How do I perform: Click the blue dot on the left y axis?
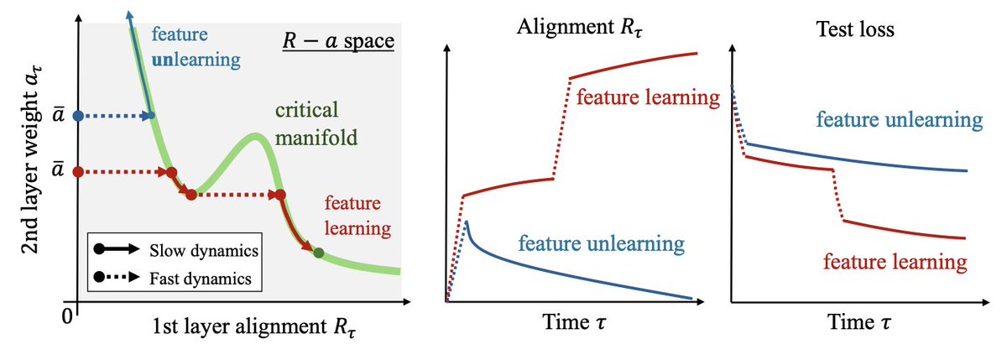click(x=78, y=116)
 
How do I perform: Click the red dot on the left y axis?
click(x=78, y=172)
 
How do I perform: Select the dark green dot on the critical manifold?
click(x=318, y=253)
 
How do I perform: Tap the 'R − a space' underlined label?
click(x=338, y=41)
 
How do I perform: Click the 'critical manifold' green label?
click(x=316, y=123)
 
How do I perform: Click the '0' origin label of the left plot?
click(x=67, y=317)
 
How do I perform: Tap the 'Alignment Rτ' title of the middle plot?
click(x=580, y=27)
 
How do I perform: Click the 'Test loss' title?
click(x=855, y=29)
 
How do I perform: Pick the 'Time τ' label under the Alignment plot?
click(x=575, y=322)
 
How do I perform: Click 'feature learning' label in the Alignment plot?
click(x=648, y=97)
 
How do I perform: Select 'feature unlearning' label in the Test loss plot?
click(x=900, y=120)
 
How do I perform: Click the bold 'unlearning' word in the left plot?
click(x=196, y=60)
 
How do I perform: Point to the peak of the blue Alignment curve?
click(x=467, y=222)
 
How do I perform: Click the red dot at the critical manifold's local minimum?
click(x=191, y=195)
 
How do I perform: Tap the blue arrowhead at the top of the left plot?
click(x=129, y=13)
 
